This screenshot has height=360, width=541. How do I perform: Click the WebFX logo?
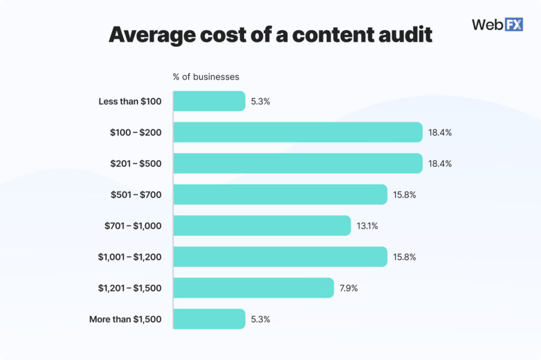pos(497,25)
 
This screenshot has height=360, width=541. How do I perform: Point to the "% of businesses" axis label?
pos(206,77)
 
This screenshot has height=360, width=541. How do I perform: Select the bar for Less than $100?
pos(209,101)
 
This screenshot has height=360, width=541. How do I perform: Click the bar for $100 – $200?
pos(298,133)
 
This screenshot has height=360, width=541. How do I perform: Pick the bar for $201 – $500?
pos(298,163)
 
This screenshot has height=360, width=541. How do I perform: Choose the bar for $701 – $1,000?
pos(262,226)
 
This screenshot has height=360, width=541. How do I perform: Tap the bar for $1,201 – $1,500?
pos(254,288)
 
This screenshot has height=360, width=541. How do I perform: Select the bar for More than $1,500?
pos(209,319)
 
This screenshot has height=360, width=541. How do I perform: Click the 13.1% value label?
pos(367,226)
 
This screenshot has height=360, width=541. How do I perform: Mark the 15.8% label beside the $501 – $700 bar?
pos(404,195)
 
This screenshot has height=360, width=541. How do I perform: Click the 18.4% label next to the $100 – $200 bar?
pos(439,133)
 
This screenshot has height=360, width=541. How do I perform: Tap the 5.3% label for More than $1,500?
pos(260,319)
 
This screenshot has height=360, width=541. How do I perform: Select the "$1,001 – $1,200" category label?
pos(130,257)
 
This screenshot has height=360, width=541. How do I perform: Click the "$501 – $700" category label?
pos(136,195)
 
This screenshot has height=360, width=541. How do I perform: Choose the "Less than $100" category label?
pos(130,101)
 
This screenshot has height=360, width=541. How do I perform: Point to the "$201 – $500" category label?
pos(136,164)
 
